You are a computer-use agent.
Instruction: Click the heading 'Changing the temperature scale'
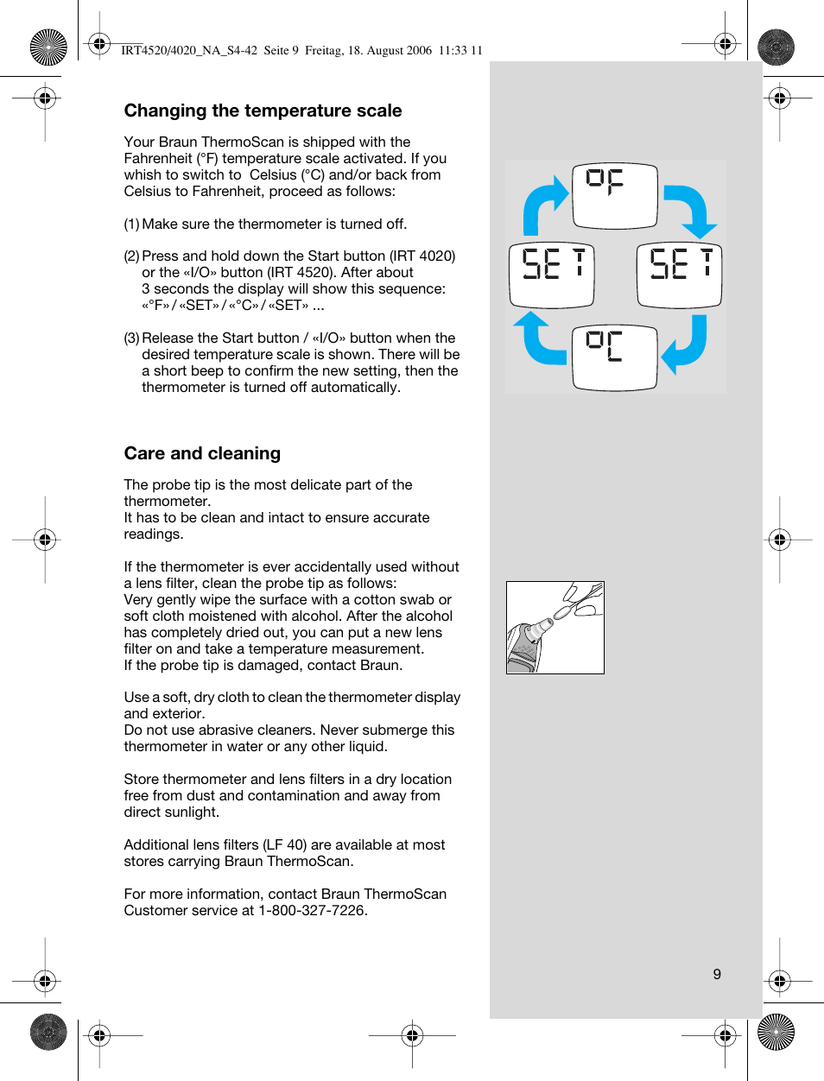tap(263, 111)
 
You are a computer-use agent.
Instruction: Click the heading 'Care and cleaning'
tap(202, 453)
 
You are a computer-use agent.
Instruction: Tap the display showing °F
tap(615, 195)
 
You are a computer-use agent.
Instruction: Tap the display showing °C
tap(614, 357)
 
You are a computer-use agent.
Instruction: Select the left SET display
tap(552, 275)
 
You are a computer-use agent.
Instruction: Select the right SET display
tap(679, 275)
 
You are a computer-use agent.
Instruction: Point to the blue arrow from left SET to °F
tap(542, 205)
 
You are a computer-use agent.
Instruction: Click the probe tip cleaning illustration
tap(555, 628)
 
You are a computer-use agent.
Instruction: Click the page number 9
tap(717, 974)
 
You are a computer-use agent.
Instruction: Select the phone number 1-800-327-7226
tap(313, 910)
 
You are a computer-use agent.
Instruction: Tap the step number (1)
tap(131, 224)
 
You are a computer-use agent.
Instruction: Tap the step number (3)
tap(131, 338)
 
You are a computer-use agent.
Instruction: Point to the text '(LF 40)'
tap(285, 844)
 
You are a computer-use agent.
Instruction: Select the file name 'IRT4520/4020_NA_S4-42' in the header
tap(189, 50)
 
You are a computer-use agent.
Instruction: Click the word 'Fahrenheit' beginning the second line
tap(158, 158)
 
